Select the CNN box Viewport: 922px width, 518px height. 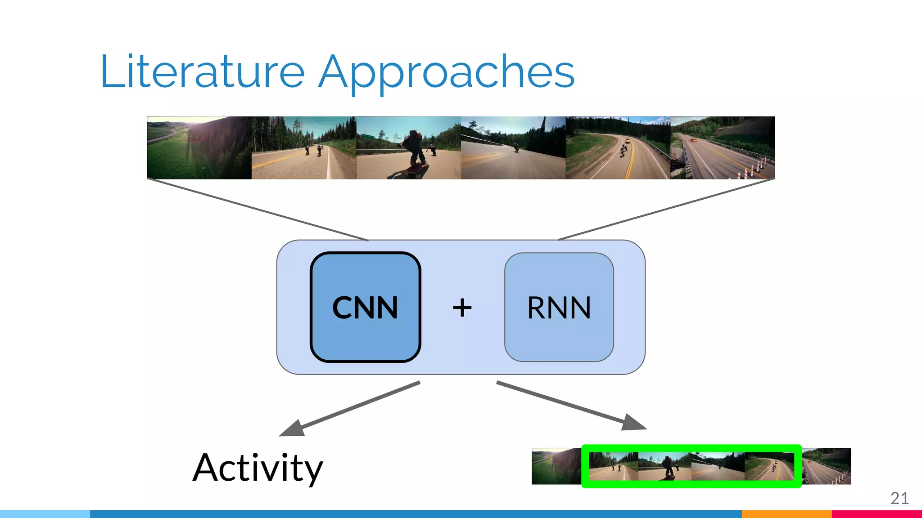(365, 307)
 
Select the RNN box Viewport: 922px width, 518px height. (559, 307)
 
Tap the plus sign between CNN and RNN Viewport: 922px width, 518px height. (462, 308)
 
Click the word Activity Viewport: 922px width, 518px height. (258, 468)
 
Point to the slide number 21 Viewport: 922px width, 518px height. (899, 498)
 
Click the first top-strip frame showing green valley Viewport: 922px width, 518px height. (199, 147)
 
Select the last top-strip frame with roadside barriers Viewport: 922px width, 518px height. (722, 147)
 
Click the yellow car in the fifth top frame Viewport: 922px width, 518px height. (627, 141)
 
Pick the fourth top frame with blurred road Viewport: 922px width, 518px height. (513, 147)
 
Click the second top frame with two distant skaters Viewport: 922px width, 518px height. (303, 147)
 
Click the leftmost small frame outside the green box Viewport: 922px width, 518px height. (556, 466)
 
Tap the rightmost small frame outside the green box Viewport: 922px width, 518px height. (827, 466)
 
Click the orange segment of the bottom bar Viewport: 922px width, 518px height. (786, 514)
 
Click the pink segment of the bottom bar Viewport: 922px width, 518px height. (876, 514)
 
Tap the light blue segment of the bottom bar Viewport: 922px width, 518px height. (45, 514)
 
